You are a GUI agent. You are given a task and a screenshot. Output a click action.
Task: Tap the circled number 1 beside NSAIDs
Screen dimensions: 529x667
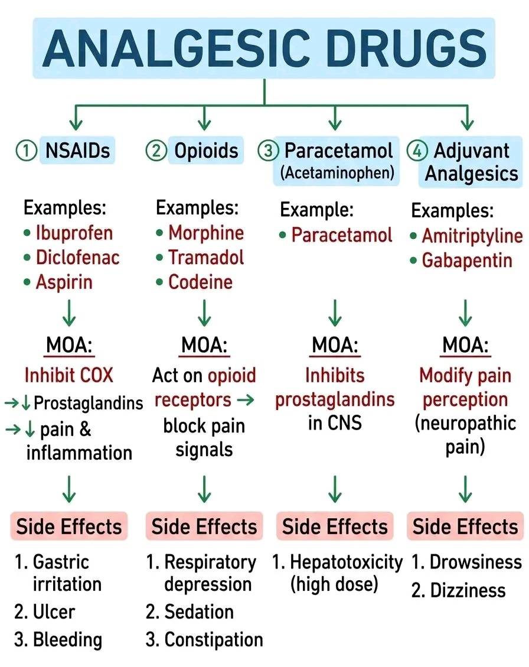click(x=26, y=151)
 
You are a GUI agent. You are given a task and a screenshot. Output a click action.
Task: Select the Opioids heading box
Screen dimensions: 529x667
click(x=206, y=150)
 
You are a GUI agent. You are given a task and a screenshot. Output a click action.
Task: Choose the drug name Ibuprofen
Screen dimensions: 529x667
click(x=74, y=233)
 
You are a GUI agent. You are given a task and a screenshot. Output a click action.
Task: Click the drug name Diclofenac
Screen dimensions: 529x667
click(x=78, y=258)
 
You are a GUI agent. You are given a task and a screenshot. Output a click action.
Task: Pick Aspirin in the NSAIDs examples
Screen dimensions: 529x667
click(x=64, y=282)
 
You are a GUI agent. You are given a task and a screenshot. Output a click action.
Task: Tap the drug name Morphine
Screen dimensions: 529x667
click(x=206, y=233)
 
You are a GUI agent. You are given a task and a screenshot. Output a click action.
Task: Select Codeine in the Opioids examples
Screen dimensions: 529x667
click(x=200, y=282)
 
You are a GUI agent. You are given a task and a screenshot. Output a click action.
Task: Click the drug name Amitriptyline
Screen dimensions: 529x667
click(x=472, y=236)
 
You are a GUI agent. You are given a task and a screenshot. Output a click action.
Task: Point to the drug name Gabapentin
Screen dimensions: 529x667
click(x=467, y=261)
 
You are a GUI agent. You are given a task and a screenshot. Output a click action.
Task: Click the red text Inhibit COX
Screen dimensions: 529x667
click(x=69, y=375)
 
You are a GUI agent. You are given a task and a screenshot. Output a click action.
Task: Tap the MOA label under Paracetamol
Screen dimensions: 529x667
click(x=335, y=345)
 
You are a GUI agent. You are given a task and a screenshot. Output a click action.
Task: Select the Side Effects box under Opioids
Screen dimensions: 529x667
click(x=204, y=526)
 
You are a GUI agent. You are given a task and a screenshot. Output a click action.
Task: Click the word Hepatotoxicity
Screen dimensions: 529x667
click(x=346, y=562)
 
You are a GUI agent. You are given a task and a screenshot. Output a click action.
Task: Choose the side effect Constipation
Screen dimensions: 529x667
click(x=214, y=640)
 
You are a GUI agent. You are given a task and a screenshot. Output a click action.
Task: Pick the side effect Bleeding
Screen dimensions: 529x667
click(x=68, y=640)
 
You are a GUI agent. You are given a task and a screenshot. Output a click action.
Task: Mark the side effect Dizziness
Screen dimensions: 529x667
click(x=468, y=590)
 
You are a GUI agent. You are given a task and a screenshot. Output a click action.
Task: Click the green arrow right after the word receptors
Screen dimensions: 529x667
click(x=246, y=400)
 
